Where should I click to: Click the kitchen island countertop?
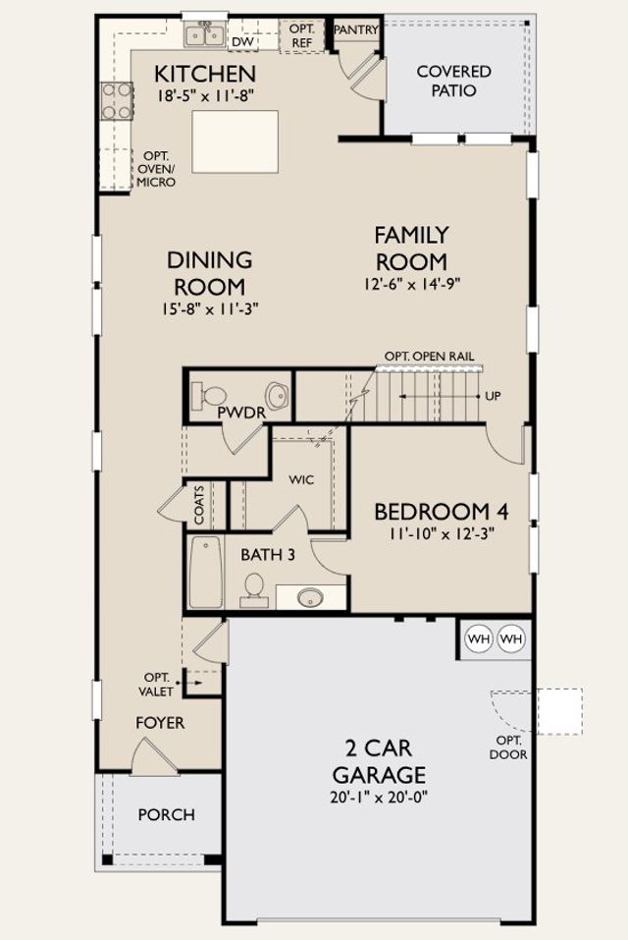tap(235, 141)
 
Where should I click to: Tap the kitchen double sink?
tap(204, 34)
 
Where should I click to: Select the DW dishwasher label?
tap(243, 41)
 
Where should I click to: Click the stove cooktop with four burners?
tap(117, 101)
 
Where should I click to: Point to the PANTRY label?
tap(356, 29)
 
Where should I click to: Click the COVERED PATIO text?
tap(453, 81)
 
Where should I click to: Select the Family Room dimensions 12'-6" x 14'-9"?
tap(412, 284)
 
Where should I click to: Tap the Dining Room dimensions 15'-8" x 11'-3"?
tap(210, 308)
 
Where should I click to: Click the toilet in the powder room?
tap(208, 395)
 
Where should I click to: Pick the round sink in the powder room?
tap(277, 396)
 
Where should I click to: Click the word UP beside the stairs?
tap(493, 396)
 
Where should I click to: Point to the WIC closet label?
tap(301, 480)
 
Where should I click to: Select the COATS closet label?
tap(199, 505)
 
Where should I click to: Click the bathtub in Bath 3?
tap(206, 572)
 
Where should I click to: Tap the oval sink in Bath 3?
tap(310, 597)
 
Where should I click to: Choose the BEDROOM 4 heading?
tap(442, 512)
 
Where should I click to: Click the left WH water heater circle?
tap(478, 638)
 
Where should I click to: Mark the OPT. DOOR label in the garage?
tap(508, 747)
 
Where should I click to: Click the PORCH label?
tap(167, 814)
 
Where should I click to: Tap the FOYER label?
tap(160, 723)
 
